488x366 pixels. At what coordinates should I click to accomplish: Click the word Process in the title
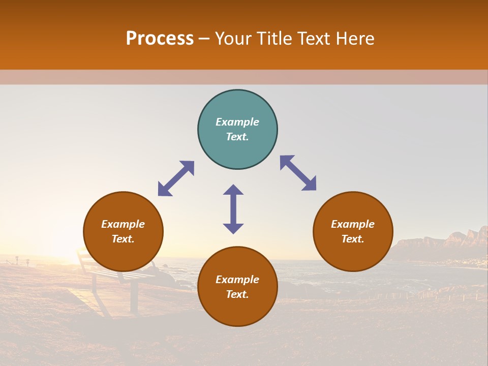[x=160, y=39]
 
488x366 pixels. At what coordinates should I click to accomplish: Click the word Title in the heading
[x=273, y=39]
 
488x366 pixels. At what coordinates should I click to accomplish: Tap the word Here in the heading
[x=354, y=39]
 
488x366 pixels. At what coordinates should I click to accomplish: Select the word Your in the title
[x=233, y=39]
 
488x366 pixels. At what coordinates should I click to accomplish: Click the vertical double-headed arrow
[x=233, y=209]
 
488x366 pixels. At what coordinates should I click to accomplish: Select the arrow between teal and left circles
[x=176, y=178]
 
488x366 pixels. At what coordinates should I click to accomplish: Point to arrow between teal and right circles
[x=298, y=173]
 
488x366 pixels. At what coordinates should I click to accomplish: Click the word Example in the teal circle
[x=237, y=122]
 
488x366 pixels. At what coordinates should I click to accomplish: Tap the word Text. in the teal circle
[x=237, y=137]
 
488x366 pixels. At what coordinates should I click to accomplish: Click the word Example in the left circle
[x=123, y=224]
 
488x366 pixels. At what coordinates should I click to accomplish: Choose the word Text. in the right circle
[x=353, y=239]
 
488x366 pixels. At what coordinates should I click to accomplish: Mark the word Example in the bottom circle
[x=237, y=280]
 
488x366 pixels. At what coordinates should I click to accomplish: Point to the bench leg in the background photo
[x=134, y=297]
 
